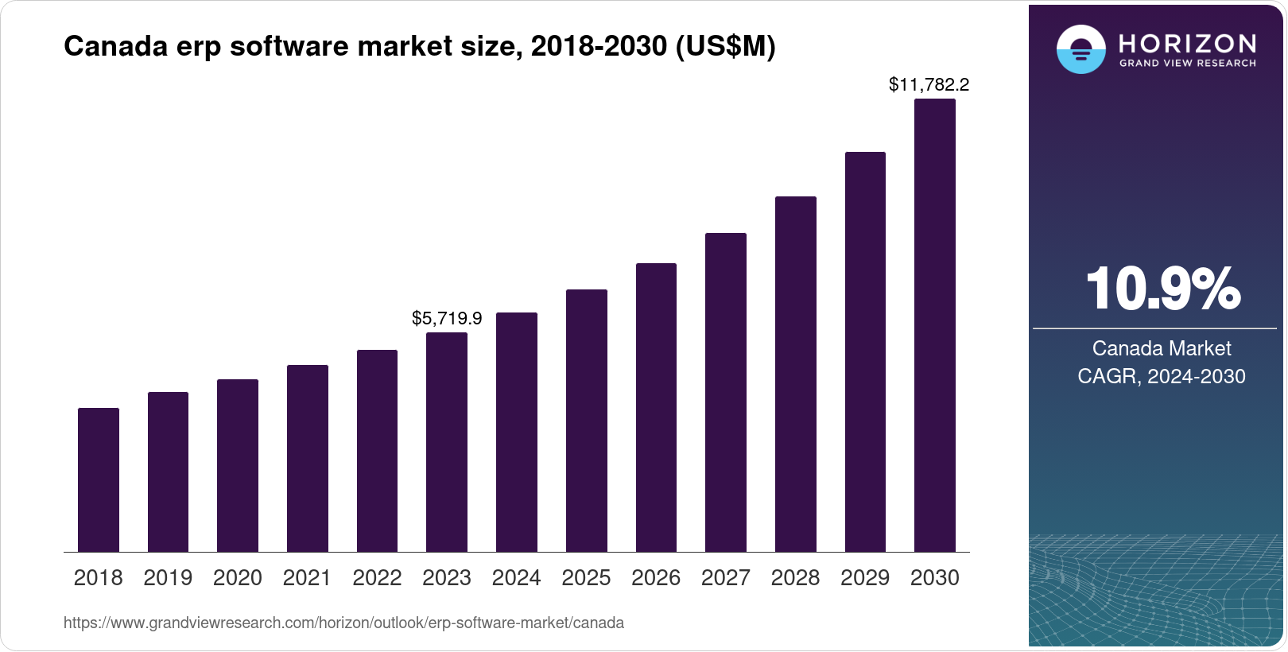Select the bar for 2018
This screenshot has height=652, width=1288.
point(99,480)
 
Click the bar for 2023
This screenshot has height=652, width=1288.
point(447,442)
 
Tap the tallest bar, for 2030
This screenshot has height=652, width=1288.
point(935,326)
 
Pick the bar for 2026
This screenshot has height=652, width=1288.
point(656,408)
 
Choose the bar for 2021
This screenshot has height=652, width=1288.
point(308,459)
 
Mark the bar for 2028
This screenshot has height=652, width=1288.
point(796,375)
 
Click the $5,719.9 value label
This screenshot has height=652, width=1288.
point(447,319)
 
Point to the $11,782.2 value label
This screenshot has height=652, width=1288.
point(929,84)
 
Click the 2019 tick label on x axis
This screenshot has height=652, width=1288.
point(168,578)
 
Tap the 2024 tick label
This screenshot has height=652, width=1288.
point(516,578)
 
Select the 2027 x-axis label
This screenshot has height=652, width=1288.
point(726,578)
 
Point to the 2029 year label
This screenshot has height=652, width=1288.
point(865,578)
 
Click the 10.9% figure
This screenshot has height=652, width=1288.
point(1162,289)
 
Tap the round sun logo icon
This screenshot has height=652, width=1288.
point(1080,49)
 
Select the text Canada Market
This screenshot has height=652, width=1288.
point(1162,348)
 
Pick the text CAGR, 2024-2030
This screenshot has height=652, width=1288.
point(1162,376)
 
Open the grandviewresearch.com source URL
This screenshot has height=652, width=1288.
point(343,623)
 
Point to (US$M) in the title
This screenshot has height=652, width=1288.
point(725,46)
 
